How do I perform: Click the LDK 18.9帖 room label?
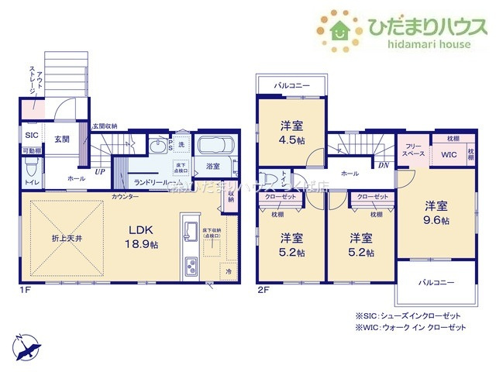(143, 236)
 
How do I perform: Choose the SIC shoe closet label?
(31, 134)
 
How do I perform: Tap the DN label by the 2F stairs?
(384, 165)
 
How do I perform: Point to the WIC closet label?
(428, 154)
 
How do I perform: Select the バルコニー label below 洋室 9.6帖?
(436, 284)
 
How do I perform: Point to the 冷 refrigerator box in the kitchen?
(229, 271)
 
